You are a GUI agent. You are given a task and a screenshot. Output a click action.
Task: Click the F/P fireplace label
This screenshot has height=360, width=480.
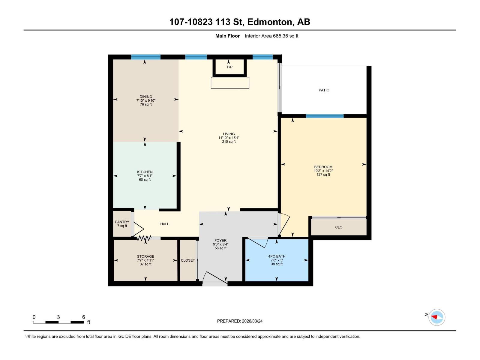(x=229, y=67)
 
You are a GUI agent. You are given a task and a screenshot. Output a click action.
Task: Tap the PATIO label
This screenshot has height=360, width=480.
(x=324, y=90)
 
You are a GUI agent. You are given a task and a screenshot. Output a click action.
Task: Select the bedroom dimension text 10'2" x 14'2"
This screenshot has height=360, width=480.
(x=323, y=171)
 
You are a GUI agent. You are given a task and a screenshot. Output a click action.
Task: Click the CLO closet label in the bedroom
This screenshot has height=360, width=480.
(x=339, y=227)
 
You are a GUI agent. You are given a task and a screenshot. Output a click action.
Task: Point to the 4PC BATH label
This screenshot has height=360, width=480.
(x=277, y=256)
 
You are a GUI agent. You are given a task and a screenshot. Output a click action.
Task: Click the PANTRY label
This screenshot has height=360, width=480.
(x=122, y=222)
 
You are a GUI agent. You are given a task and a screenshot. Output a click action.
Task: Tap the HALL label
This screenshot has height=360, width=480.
(x=164, y=224)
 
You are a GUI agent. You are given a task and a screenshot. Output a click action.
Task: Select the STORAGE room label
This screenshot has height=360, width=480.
(x=145, y=256)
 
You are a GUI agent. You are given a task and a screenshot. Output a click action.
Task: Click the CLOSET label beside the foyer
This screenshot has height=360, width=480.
(x=188, y=260)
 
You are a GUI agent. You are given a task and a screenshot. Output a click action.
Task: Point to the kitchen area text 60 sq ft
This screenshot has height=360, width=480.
(x=145, y=180)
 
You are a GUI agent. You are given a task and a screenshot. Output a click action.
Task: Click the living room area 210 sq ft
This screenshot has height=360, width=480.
(x=229, y=142)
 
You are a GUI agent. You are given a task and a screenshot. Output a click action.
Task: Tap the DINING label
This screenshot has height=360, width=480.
(x=146, y=97)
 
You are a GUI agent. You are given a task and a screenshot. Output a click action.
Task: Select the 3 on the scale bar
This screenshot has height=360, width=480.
(x=58, y=317)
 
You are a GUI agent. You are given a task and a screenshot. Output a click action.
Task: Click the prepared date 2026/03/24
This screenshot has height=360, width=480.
(x=252, y=321)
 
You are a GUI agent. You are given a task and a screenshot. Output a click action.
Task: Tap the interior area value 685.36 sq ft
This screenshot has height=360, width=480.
(x=285, y=36)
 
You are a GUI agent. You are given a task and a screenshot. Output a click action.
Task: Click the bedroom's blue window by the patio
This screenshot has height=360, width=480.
(x=325, y=116)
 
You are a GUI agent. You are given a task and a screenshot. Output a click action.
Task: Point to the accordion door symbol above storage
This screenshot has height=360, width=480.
(x=144, y=238)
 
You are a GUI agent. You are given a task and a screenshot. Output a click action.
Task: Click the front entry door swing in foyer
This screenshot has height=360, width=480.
(x=215, y=277)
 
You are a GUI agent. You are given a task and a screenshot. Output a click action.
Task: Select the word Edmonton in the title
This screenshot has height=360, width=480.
(x=270, y=22)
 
